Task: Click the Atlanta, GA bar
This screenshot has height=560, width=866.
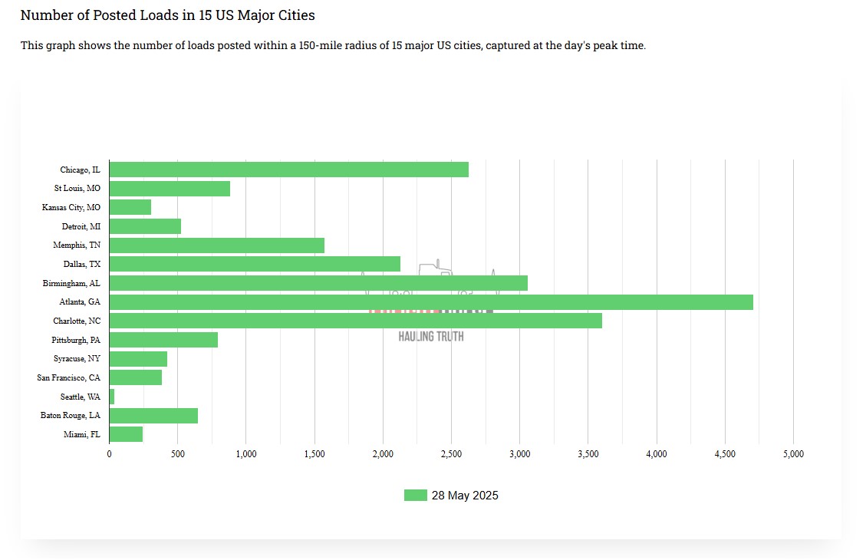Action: pyautogui.click(x=431, y=302)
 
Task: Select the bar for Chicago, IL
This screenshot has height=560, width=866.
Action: pyautogui.click(x=289, y=170)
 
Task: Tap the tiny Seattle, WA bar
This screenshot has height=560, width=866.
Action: pyautogui.click(x=112, y=397)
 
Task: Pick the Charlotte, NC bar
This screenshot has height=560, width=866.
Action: pyautogui.click(x=356, y=321)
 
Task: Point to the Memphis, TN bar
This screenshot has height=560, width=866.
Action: pyautogui.click(x=217, y=245)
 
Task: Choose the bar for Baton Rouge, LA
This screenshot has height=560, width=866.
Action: pyautogui.click(x=153, y=416)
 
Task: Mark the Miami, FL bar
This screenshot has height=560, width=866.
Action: pyautogui.click(x=126, y=434)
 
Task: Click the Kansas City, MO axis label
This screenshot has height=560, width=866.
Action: pyautogui.click(x=71, y=207)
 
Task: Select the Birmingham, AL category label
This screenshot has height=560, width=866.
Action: pyautogui.click(x=71, y=283)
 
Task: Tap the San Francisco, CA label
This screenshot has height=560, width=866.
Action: pyautogui.click(x=69, y=377)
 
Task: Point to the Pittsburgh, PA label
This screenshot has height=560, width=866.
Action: pyautogui.click(x=76, y=340)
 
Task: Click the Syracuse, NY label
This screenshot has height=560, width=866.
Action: pyautogui.click(x=77, y=358)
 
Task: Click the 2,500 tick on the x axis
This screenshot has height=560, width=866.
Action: pyautogui.click(x=451, y=454)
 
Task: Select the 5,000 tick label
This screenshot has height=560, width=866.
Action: pyautogui.click(x=793, y=454)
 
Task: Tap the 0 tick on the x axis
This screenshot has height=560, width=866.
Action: pyautogui.click(x=110, y=454)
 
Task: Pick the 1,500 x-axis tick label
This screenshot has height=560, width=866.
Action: pyautogui.click(x=314, y=454)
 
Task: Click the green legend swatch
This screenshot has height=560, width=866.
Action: pyautogui.click(x=415, y=496)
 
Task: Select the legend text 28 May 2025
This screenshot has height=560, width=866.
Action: pyautogui.click(x=465, y=496)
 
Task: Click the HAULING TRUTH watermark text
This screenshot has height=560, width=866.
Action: pyautogui.click(x=431, y=337)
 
